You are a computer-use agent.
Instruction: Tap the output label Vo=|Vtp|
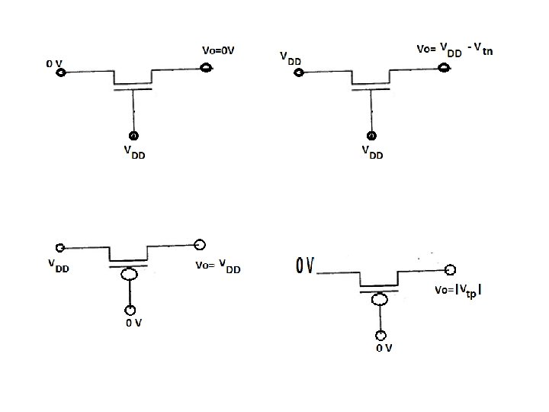458,291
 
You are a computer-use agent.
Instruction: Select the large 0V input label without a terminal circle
306,266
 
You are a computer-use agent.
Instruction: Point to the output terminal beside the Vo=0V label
205,69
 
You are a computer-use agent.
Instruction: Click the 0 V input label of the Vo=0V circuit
53,63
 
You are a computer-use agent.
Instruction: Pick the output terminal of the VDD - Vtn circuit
444,69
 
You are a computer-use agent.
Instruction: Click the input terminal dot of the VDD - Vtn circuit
299,73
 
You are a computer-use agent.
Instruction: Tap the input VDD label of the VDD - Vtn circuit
290,58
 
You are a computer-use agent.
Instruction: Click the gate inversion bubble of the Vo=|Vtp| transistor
379,298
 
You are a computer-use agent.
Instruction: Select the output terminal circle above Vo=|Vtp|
451,270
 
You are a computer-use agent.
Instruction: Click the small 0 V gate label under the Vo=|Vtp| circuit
383,349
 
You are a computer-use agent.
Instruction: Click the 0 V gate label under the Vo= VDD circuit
134,323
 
